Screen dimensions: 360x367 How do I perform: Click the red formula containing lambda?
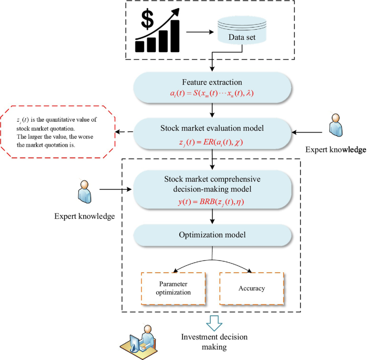click(213, 94)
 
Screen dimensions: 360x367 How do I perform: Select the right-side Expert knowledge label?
click(335, 150)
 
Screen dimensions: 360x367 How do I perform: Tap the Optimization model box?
click(213, 235)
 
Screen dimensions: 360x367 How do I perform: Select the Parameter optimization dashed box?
click(173, 288)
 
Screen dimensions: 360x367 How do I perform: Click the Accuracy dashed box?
click(251, 288)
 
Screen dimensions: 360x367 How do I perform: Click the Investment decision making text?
click(214, 342)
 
